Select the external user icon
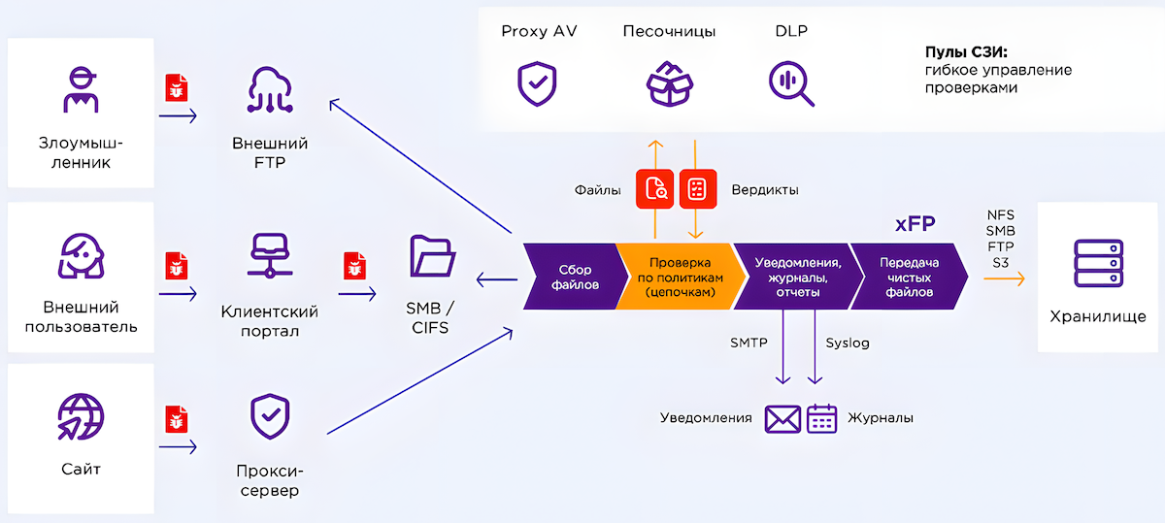pos(81,255)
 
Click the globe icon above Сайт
pos(81,417)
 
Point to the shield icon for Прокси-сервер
pos(270,417)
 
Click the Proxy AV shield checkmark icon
pos(537,83)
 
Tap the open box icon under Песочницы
pos(669,83)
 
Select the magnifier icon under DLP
pos(791,83)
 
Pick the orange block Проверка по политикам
pos(680,277)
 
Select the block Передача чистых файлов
pos(909,277)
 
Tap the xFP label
pos(915,224)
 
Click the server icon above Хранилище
pos(1098,263)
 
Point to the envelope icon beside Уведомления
pos(782,418)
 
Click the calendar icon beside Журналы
pos(822,418)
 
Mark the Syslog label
pos(848,343)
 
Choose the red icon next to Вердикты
pos(696,189)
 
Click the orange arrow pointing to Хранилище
pos(1004,278)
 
